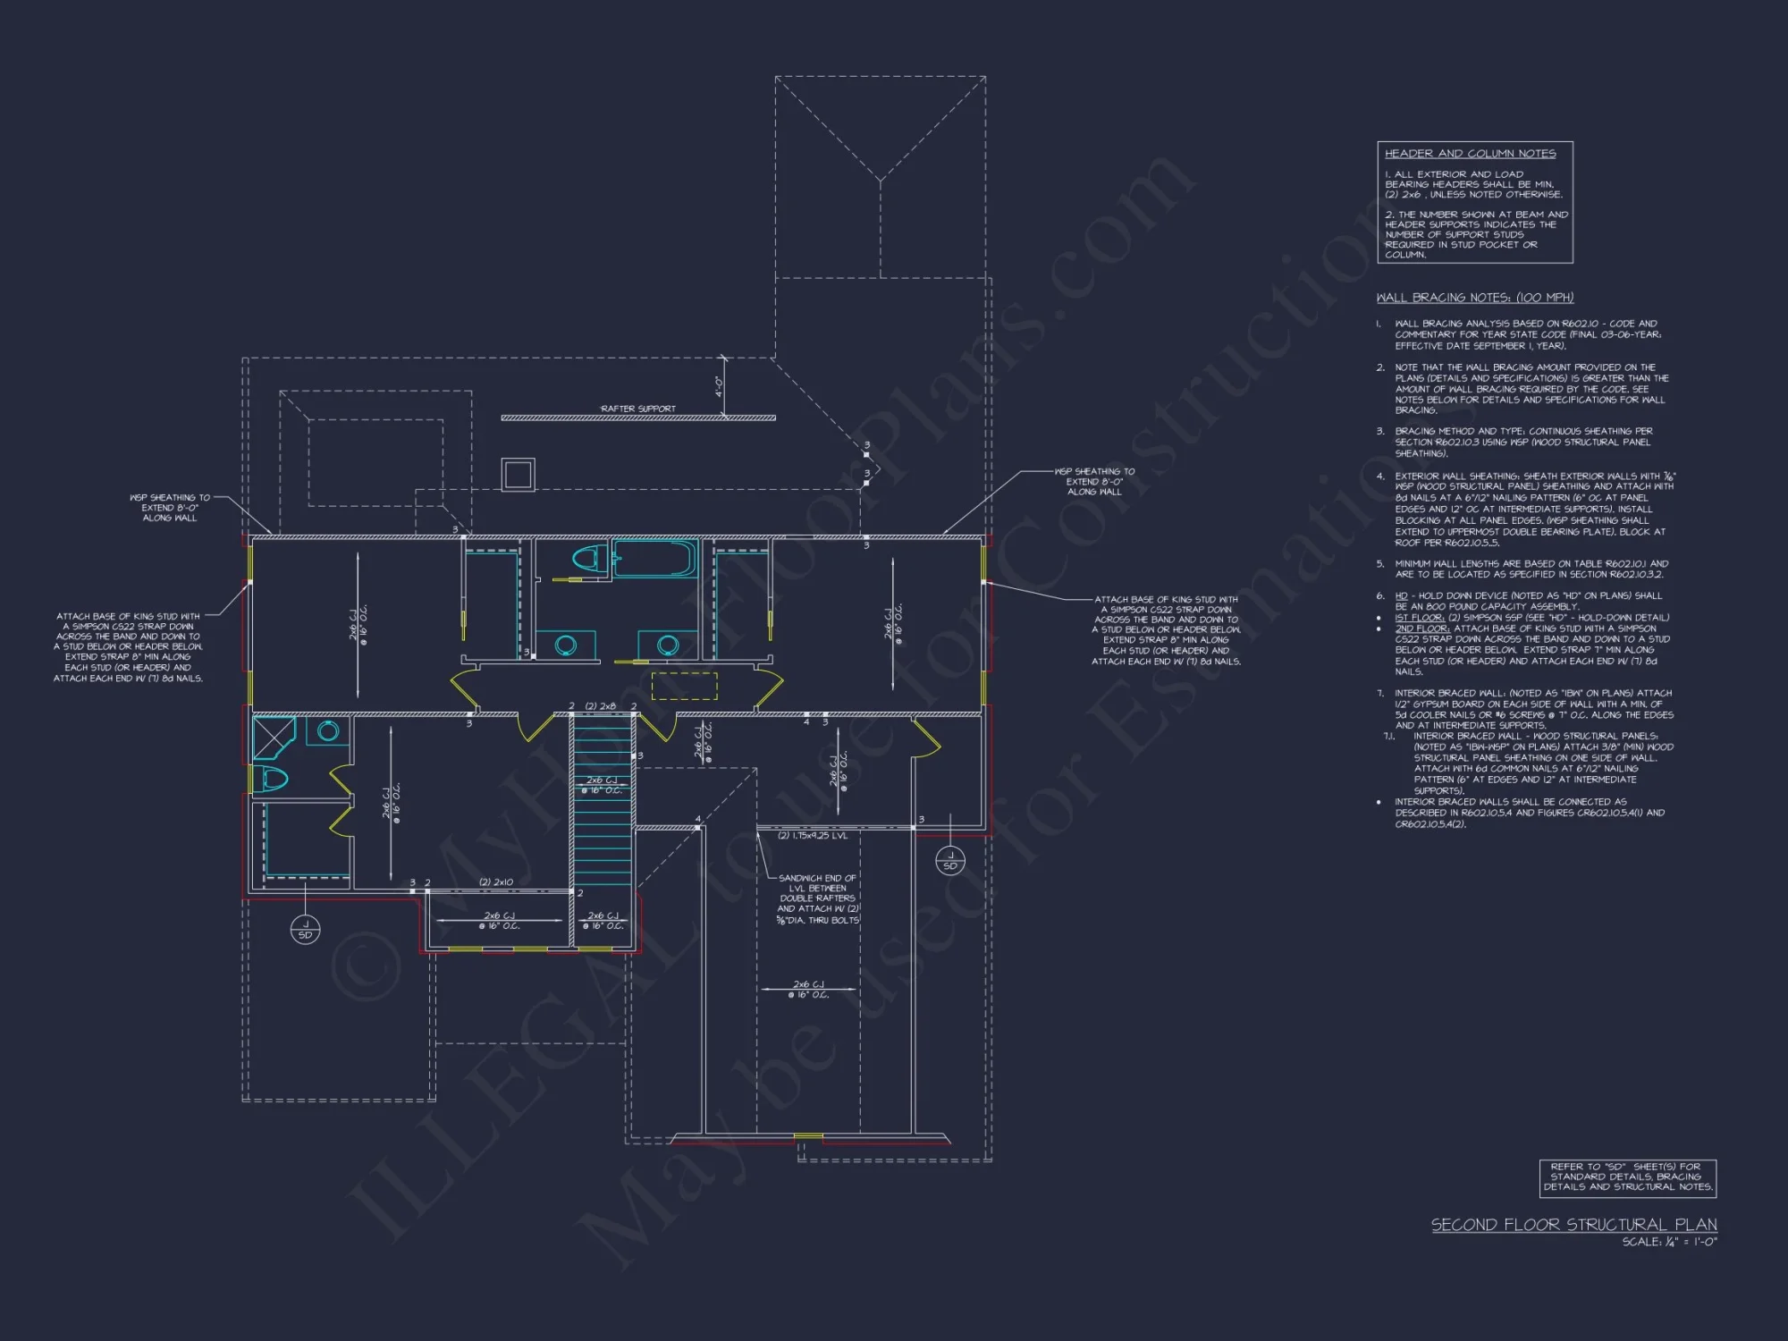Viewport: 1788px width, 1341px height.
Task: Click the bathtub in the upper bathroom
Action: click(x=654, y=559)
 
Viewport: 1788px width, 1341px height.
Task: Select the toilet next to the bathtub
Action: click(x=586, y=559)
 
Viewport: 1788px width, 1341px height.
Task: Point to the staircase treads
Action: click(x=603, y=831)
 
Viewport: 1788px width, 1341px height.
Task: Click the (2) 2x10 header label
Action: click(x=496, y=882)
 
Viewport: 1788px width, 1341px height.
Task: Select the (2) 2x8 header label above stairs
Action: click(x=601, y=706)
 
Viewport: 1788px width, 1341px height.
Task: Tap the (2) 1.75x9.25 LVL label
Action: click(x=812, y=836)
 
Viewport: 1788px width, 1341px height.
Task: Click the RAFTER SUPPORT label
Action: click(x=638, y=409)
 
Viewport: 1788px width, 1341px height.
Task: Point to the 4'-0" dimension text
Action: click(x=719, y=386)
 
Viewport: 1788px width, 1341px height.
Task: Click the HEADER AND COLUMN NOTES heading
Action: click(x=1471, y=154)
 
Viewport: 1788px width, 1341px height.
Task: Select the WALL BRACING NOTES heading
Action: click(x=1475, y=298)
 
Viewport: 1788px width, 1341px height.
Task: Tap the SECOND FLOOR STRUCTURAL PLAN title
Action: click(x=1573, y=1225)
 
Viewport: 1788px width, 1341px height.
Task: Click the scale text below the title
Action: click(x=1669, y=1242)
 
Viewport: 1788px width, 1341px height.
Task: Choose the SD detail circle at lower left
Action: click(x=305, y=930)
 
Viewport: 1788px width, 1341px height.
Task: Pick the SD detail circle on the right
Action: click(x=949, y=861)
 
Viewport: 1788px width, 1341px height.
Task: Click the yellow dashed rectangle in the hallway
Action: click(x=684, y=686)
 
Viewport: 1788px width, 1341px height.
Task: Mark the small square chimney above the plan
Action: click(x=518, y=474)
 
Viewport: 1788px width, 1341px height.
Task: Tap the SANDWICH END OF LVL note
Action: click(x=817, y=898)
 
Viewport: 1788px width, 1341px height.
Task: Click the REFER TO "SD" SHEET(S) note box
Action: click(x=1627, y=1177)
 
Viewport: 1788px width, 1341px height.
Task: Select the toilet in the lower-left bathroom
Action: click(x=271, y=780)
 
